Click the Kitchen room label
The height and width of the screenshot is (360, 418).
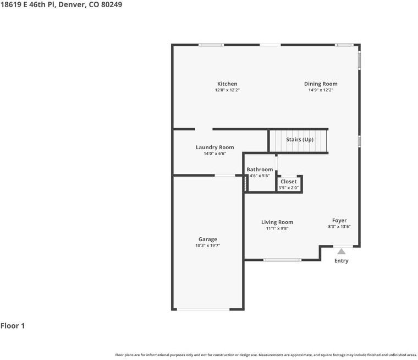(227, 84)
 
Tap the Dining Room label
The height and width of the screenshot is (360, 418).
(321, 84)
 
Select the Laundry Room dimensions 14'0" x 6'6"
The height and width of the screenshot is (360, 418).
(215, 154)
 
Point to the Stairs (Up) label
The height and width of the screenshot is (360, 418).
(300, 139)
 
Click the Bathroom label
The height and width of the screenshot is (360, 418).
(260, 170)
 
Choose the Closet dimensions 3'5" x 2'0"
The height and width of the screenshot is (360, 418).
(289, 188)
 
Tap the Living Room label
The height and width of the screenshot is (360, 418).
(277, 222)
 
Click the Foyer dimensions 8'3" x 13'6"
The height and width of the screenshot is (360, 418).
(339, 227)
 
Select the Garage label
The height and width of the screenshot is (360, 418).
(208, 239)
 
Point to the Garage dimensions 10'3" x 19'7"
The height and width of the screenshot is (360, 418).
(208, 246)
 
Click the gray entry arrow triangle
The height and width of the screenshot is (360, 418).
(341, 252)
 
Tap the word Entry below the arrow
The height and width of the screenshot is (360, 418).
(341, 261)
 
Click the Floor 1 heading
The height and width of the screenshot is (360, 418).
(13, 326)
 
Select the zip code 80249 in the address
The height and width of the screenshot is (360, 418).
(112, 4)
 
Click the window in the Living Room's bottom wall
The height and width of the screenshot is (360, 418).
(282, 260)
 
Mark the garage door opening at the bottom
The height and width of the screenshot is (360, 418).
(204, 309)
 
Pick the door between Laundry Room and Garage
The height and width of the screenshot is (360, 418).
(225, 176)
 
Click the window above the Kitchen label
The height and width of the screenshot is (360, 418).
(211, 45)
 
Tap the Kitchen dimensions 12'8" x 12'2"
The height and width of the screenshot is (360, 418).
(227, 90)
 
